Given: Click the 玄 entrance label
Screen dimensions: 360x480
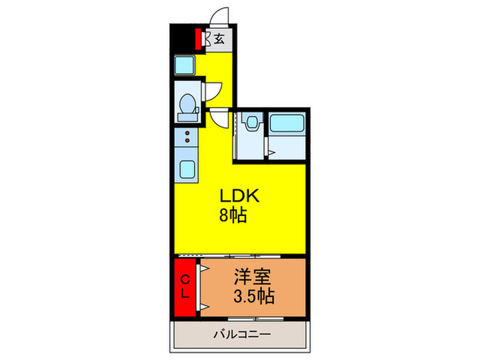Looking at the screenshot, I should click(x=219, y=39).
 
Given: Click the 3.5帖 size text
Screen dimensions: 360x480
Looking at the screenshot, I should click(x=254, y=297).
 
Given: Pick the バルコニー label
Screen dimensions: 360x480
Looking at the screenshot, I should click(x=241, y=335).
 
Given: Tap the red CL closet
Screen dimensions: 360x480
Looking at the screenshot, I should click(x=185, y=287).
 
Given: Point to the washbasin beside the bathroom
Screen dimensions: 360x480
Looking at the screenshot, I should click(x=251, y=123).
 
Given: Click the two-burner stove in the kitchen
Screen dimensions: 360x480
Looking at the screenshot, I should click(x=186, y=140).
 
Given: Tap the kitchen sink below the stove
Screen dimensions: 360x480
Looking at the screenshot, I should click(x=186, y=168).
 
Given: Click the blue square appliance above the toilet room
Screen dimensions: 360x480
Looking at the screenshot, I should click(x=186, y=66).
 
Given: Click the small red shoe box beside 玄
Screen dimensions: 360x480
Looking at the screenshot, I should click(x=200, y=38).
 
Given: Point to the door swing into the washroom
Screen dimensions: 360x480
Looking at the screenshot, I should click(x=218, y=118).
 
